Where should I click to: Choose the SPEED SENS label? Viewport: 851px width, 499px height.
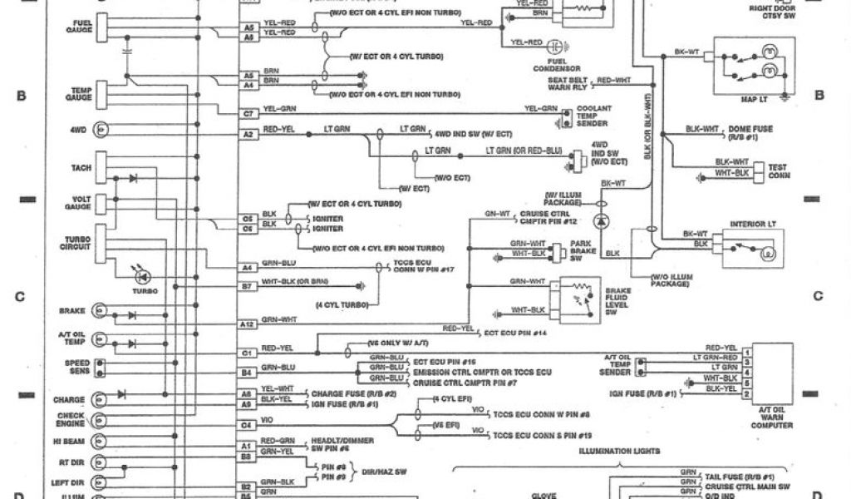click(x=78, y=366)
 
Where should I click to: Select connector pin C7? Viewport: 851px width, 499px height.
click(x=247, y=111)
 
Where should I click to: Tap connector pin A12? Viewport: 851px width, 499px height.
click(x=247, y=324)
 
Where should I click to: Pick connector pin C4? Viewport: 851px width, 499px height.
click(x=247, y=426)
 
